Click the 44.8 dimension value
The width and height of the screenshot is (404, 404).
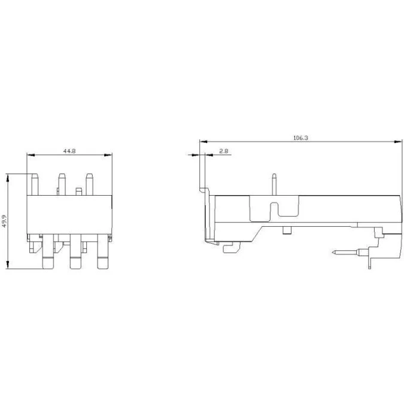point(69,151)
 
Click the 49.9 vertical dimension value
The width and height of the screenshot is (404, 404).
point(4,221)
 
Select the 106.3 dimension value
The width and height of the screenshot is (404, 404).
point(300,138)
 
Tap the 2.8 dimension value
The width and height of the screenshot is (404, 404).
point(224,151)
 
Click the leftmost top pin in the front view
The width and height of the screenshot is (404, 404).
point(35,184)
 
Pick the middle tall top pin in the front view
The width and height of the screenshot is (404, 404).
point(62,184)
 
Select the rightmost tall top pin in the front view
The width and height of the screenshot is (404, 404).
point(89,184)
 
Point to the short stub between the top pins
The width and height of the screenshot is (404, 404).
point(78,192)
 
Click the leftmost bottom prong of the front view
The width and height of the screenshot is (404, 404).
point(48,251)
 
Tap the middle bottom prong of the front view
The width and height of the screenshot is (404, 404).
point(75,251)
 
